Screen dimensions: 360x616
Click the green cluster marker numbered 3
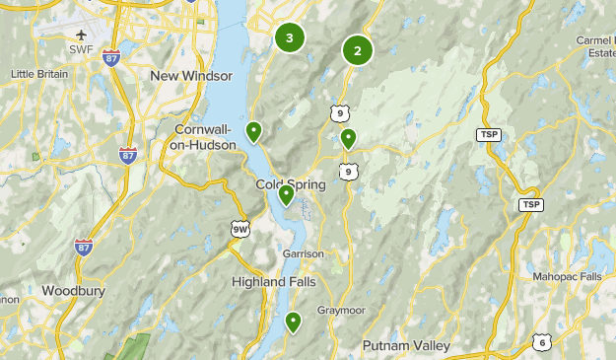click(289, 38)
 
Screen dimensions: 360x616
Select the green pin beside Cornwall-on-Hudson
click(253, 131)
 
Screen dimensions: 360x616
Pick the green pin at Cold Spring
click(286, 194)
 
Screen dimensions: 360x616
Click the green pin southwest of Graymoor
click(293, 322)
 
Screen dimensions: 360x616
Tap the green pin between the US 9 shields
click(348, 139)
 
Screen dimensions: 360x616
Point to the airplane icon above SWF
click(81, 36)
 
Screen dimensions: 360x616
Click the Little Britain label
click(40, 74)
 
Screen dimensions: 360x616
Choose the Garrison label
click(303, 253)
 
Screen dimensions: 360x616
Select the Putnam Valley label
click(406, 345)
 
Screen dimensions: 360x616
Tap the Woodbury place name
click(74, 291)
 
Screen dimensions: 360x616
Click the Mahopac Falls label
click(567, 277)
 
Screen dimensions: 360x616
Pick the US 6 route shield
click(541, 342)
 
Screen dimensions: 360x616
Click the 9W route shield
click(240, 228)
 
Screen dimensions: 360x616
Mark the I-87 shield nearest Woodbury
click(82, 246)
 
